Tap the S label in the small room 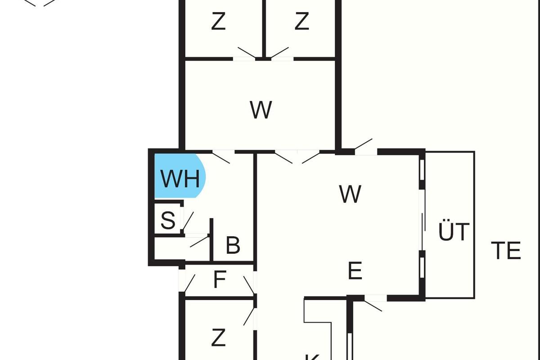(168, 220)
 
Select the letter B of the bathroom (233, 245)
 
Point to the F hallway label (220, 279)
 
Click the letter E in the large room (355, 270)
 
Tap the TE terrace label (506, 251)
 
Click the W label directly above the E (350, 193)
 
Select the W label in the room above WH (261, 110)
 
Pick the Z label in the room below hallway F (218, 337)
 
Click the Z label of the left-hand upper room (218, 22)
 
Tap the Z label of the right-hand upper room (301, 22)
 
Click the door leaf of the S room (188, 221)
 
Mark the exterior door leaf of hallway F (190, 283)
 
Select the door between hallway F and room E (249, 285)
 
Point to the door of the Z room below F (249, 316)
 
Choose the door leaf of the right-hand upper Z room (279, 53)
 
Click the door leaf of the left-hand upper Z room (247, 53)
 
